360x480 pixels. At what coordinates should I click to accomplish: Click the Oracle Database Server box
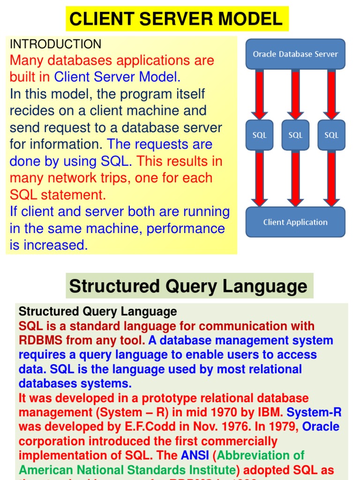pyautogui.click(x=295, y=54)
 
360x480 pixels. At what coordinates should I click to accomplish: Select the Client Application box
pyautogui.click(x=295, y=222)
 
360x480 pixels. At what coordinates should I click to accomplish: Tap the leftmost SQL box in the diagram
pyautogui.click(x=259, y=135)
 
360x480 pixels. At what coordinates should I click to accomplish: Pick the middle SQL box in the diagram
pyautogui.click(x=295, y=135)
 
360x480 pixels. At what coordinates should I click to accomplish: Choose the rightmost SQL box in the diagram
pyautogui.click(x=331, y=135)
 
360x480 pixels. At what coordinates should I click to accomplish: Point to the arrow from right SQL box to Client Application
pyautogui.click(x=331, y=178)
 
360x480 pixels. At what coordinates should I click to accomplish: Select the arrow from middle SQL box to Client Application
pyautogui.click(x=295, y=178)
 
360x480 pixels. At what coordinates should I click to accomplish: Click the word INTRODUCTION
pyautogui.click(x=55, y=45)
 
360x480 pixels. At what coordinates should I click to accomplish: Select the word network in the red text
pyautogui.click(x=66, y=178)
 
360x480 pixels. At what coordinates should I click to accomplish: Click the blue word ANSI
pyautogui.click(x=195, y=455)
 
